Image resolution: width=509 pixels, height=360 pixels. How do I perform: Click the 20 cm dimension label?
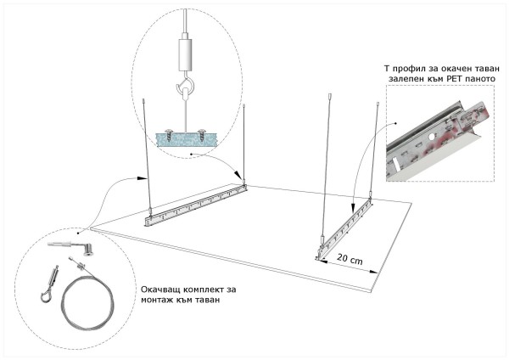click(x=350, y=259)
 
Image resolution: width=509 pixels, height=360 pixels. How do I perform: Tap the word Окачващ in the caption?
click(x=160, y=289)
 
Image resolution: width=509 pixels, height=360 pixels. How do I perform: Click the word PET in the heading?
click(x=456, y=79)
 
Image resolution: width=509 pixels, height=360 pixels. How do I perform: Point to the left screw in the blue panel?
click(x=169, y=134)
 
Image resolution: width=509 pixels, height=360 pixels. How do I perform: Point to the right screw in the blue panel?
click(x=202, y=134)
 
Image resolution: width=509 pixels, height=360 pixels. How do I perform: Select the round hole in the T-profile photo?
click(x=432, y=137)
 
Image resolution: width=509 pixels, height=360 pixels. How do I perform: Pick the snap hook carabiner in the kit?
click(x=50, y=284)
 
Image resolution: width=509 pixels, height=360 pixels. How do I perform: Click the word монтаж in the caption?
click(x=157, y=301)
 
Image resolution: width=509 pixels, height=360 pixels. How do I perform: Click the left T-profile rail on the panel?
click(x=195, y=205)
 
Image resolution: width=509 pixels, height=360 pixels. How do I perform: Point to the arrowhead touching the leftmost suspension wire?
click(x=141, y=178)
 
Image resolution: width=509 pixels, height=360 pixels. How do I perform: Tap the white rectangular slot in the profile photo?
click(x=394, y=164)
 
